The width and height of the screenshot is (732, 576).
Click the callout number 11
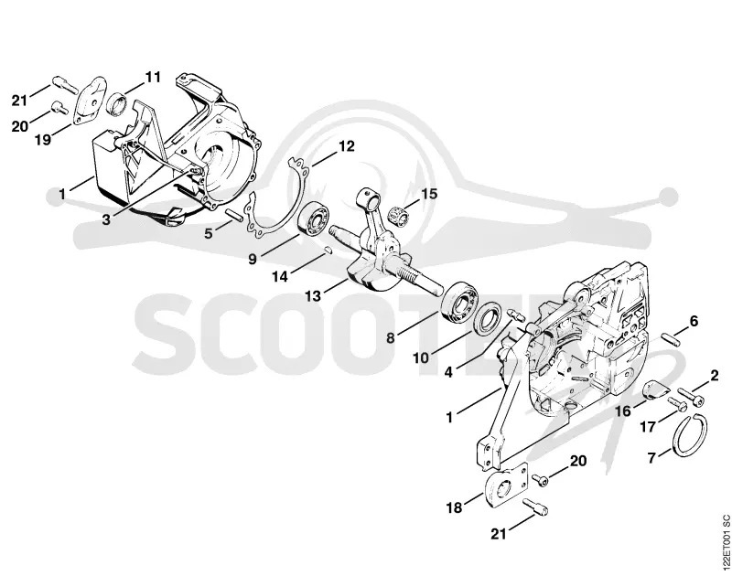pos(153,77)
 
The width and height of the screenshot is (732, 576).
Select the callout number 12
pos(346,146)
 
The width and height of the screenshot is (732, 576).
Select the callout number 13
pos(313,295)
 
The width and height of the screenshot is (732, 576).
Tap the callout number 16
pos(623,411)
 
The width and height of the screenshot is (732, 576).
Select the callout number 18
pos(454,507)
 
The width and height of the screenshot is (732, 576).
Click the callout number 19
pos(43,139)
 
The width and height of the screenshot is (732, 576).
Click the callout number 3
pos(106,219)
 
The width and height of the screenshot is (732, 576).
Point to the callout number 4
pos(448,372)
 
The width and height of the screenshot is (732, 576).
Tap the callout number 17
pos(648,426)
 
